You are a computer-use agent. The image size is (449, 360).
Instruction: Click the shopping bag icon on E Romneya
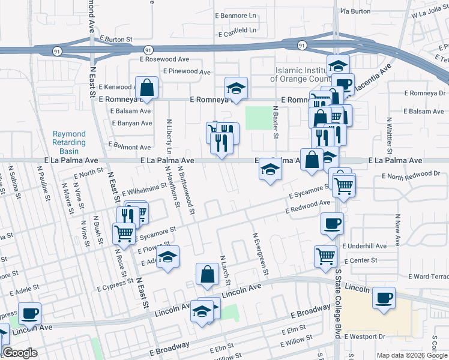(x=146, y=89)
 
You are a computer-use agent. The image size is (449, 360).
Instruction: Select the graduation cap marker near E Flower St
(x=169, y=257)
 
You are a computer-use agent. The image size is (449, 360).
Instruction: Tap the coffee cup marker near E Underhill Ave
(x=332, y=224)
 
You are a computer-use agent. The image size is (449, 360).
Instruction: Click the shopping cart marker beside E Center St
(x=325, y=256)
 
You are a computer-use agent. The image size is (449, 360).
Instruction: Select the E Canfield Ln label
(x=238, y=30)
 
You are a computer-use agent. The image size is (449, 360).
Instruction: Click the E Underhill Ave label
(x=364, y=246)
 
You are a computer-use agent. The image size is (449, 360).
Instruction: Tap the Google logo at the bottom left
(x=19, y=353)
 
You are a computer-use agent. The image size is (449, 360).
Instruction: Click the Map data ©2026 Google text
(x=412, y=355)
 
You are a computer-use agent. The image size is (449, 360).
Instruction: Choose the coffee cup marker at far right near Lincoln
(x=384, y=298)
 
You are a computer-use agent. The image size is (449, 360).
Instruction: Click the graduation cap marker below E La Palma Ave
(x=270, y=171)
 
